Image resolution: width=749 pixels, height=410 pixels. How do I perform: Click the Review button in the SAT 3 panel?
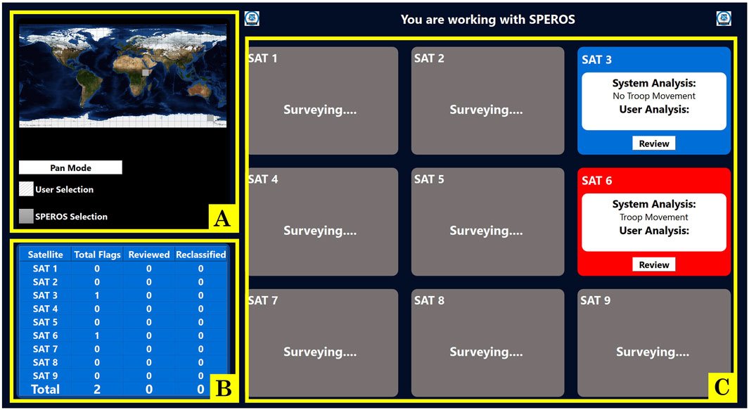coord(654,143)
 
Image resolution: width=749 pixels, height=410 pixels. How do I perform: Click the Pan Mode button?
coord(70,167)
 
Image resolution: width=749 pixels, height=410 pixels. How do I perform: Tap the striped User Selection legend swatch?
coord(26,189)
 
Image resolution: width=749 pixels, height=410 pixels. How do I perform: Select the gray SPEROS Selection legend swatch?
coord(26,217)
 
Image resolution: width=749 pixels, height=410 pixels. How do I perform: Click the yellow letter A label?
coord(221,219)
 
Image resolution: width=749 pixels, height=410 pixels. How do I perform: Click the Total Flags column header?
coord(98,255)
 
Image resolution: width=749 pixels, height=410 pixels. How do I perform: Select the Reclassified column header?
coord(200,255)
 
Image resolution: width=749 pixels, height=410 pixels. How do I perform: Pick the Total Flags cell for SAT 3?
coord(98,295)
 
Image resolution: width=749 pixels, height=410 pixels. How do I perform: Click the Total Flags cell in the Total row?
coord(98,389)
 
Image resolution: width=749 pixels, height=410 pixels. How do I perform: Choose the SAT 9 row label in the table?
coord(45,376)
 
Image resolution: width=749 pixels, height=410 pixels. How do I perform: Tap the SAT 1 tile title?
coord(262,58)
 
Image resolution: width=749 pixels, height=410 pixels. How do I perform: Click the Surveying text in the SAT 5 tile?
coord(486,231)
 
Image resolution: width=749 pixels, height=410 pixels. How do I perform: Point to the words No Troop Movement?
coord(654,96)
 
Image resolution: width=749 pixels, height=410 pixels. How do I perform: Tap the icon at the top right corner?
coord(724,19)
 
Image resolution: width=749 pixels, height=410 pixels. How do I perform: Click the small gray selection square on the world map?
coord(146,72)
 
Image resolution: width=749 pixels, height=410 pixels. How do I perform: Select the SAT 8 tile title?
coord(429,300)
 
